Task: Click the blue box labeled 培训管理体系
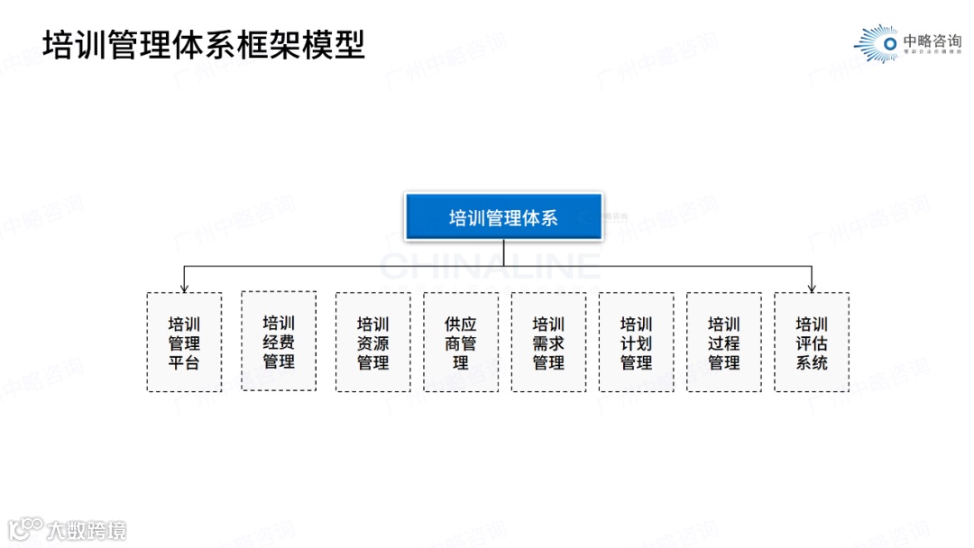[503, 217]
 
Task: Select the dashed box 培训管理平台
[184, 342]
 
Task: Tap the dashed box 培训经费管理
[279, 342]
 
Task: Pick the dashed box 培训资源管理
[372, 342]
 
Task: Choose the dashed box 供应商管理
[461, 342]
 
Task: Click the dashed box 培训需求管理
[548, 342]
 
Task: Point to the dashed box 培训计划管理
[636, 342]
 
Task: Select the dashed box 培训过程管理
[723, 342]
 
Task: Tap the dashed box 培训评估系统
[812, 342]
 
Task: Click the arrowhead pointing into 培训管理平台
[184, 288]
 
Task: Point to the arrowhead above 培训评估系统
[812, 288]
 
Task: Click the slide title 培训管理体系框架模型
[204, 44]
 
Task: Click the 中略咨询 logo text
[932, 41]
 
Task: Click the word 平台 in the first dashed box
[184, 363]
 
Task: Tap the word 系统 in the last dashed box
[812, 363]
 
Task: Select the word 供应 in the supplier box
[461, 324]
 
